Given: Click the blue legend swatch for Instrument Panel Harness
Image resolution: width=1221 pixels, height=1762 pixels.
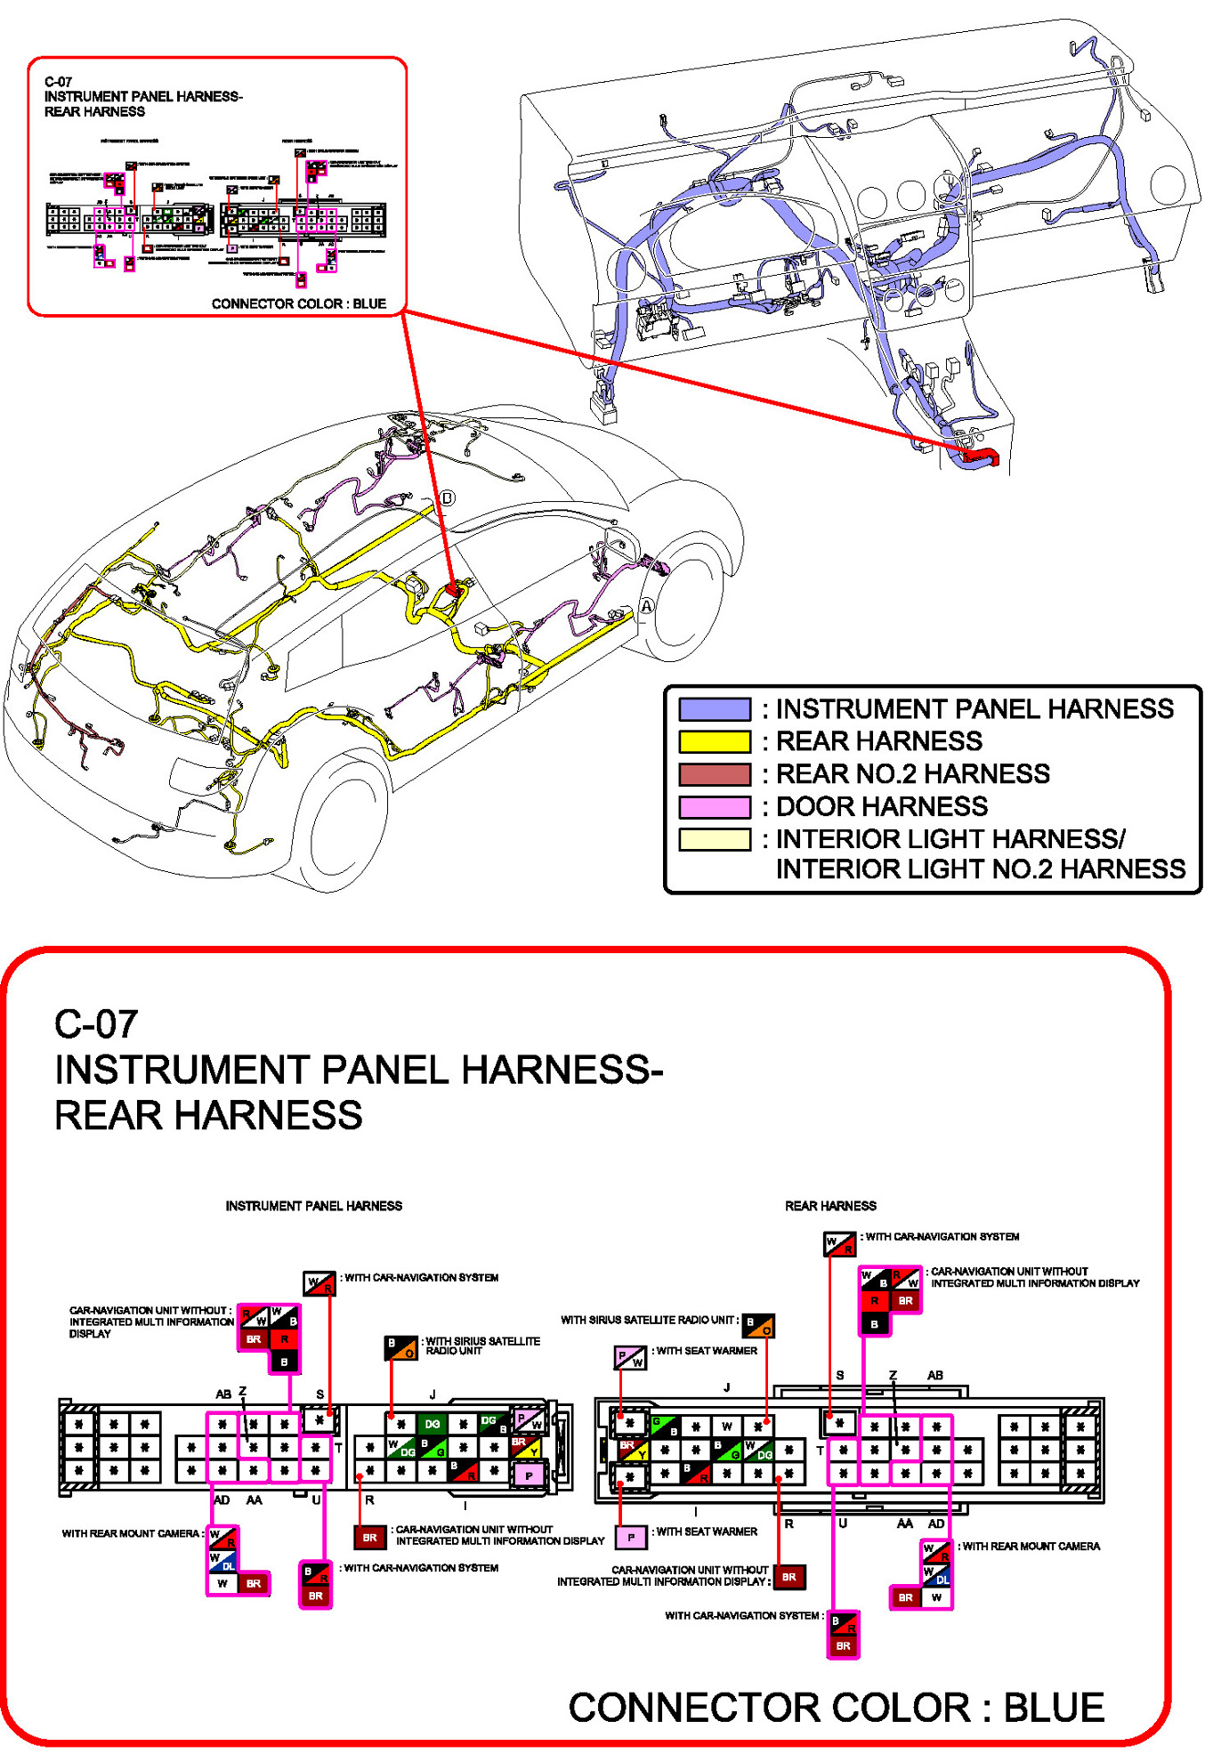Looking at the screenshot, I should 714,709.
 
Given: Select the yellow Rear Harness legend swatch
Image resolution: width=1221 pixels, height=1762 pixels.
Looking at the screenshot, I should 714,741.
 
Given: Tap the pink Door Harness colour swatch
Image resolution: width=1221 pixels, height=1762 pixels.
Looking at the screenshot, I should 714,807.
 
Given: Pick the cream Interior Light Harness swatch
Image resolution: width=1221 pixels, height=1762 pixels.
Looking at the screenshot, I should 714,839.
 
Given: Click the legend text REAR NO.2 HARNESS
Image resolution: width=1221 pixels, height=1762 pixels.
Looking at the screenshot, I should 912,774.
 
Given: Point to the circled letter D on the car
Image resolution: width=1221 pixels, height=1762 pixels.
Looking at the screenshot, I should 448,498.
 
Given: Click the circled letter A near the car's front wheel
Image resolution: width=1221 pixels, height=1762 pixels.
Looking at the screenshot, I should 647,606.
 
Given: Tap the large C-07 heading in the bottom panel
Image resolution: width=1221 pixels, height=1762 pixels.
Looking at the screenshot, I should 96,1024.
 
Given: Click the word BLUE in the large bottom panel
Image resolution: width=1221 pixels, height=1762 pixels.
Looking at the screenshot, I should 1054,1708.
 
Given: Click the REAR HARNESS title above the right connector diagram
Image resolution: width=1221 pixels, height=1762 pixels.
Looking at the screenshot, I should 830,1206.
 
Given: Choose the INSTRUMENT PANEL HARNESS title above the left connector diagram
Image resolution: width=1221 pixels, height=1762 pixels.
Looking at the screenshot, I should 313,1206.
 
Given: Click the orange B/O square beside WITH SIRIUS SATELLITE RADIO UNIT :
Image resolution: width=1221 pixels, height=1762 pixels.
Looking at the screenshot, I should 758,1325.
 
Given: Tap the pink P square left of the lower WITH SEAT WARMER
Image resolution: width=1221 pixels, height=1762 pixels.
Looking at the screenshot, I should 631,1537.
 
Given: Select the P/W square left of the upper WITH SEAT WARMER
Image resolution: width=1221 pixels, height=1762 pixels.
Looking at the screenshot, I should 630,1357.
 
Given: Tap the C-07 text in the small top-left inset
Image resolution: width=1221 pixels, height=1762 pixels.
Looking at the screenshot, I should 58,82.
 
